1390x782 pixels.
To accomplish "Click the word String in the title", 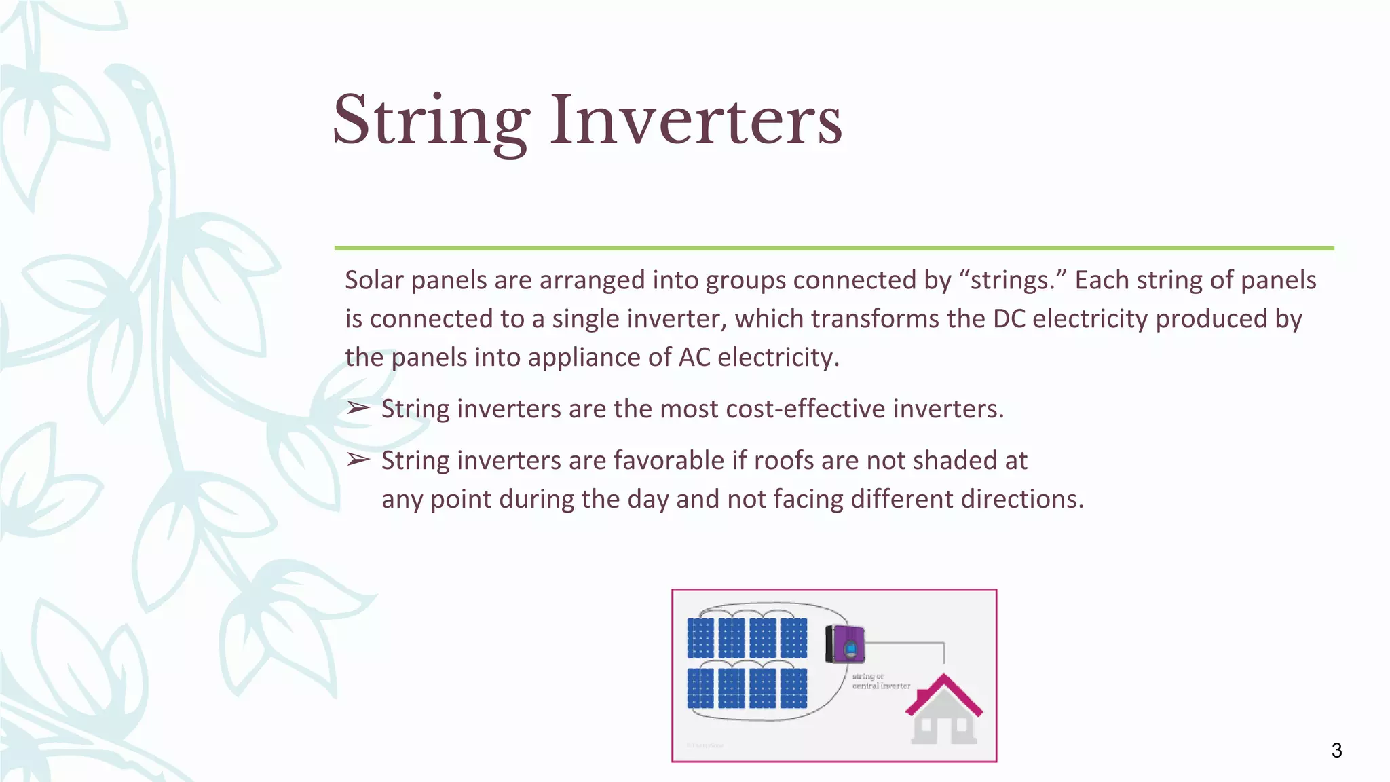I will pos(431,122).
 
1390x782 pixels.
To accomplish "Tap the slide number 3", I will pos(1336,750).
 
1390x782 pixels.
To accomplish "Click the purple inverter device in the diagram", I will pos(846,644).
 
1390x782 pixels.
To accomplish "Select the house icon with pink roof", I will pos(944,709).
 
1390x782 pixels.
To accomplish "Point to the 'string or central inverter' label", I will pos(880,681).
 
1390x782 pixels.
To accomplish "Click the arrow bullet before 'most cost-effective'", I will pos(358,409).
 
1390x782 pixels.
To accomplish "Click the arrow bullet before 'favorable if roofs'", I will pos(358,460).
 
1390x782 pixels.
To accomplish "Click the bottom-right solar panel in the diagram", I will pos(793,688).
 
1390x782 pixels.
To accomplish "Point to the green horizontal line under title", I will pos(833,248).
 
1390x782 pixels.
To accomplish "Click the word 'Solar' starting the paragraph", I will pos(374,280).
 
